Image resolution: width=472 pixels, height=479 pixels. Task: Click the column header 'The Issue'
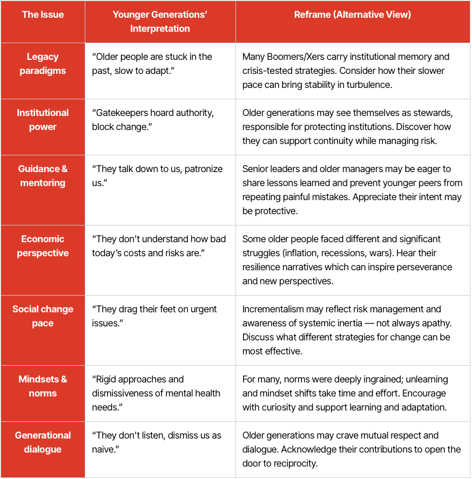pos(43,15)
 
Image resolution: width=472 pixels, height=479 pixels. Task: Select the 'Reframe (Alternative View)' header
pos(352,15)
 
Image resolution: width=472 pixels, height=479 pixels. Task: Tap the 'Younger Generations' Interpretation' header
pos(160,22)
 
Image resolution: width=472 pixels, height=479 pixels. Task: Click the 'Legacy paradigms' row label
pos(43,64)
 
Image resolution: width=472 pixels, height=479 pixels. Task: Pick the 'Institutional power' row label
pos(43,120)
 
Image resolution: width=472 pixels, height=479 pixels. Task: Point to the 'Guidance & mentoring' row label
pos(43,176)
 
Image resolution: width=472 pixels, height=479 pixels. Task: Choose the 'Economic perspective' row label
pos(43,246)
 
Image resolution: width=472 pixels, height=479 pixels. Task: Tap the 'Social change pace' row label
pos(43,316)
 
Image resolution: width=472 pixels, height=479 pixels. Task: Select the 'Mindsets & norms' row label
pos(43,386)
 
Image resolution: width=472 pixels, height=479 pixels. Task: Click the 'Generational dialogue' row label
pos(43,442)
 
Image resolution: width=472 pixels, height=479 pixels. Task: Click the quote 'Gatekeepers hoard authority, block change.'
pos(153,120)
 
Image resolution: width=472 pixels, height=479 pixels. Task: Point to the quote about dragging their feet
pos(154,316)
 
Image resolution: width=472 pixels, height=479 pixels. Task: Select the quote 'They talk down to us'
pos(157,176)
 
